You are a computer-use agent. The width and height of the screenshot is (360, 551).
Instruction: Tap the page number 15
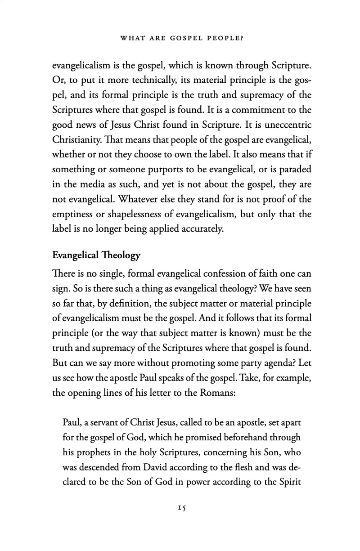[x=182, y=507]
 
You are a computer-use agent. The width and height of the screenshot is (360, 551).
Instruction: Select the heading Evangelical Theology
[x=96, y=255]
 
